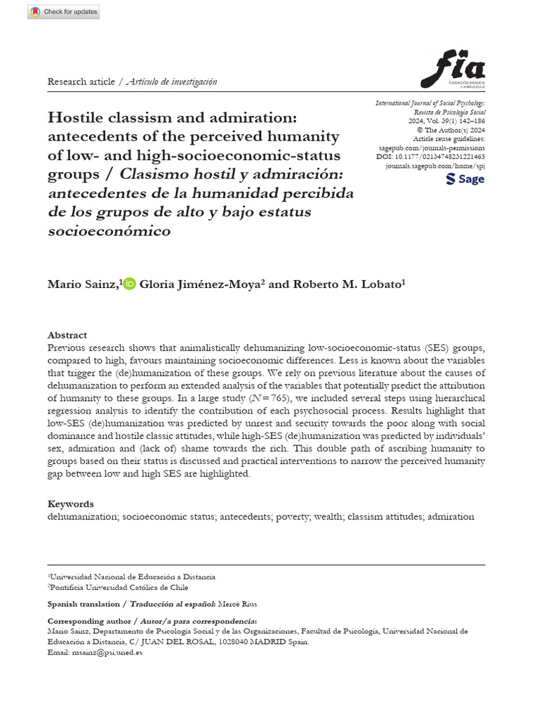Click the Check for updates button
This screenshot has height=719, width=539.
point(64,12)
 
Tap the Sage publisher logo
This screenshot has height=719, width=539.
point(465,179)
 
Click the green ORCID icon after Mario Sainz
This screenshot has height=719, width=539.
point(129,284)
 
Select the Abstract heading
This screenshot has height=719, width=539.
point(67,336)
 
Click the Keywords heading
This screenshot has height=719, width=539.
point(70,504)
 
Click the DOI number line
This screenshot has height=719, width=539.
point(430,157)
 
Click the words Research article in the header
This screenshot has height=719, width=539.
point(81,82)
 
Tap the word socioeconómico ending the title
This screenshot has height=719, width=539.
point(109,231)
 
